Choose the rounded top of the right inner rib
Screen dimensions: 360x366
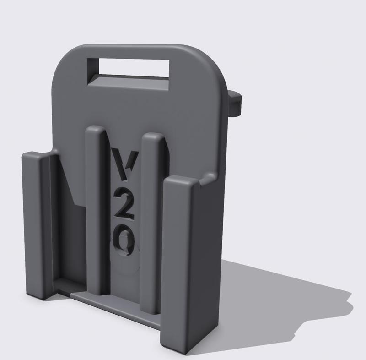[x=152, y=137]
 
